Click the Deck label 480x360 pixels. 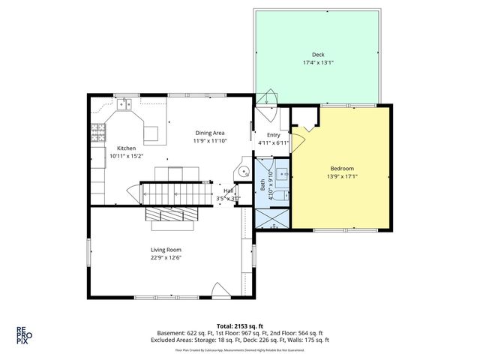click(x=318, y=55)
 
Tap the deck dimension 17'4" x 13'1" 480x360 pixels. click(x=318, y=63)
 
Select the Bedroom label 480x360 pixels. click(x=341, y=168)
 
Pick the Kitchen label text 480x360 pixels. click(x=125, y=148)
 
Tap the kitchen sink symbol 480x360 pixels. click(x=125, y=103)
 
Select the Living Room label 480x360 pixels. click(x=166, y=250)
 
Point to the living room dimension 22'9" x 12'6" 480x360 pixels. click(x=166, y=258)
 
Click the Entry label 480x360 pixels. click(x=273, y=134)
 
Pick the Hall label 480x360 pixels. click(x=228, y=191)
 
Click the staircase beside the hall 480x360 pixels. click(x=173, y=194)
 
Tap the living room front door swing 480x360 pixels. click(x=217, y=291)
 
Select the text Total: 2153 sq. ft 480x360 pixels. click(x=240, y=325)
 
